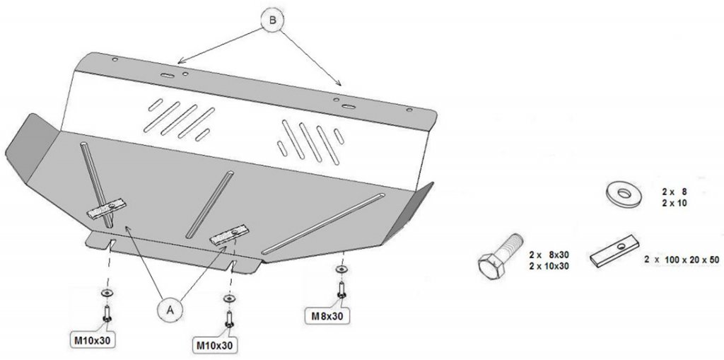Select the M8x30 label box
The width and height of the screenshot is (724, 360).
[327, 315]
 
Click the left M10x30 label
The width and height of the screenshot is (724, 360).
[93, 339]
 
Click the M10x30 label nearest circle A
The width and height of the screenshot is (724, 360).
[214, 344]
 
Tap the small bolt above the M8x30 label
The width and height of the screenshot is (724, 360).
[341, 289]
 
